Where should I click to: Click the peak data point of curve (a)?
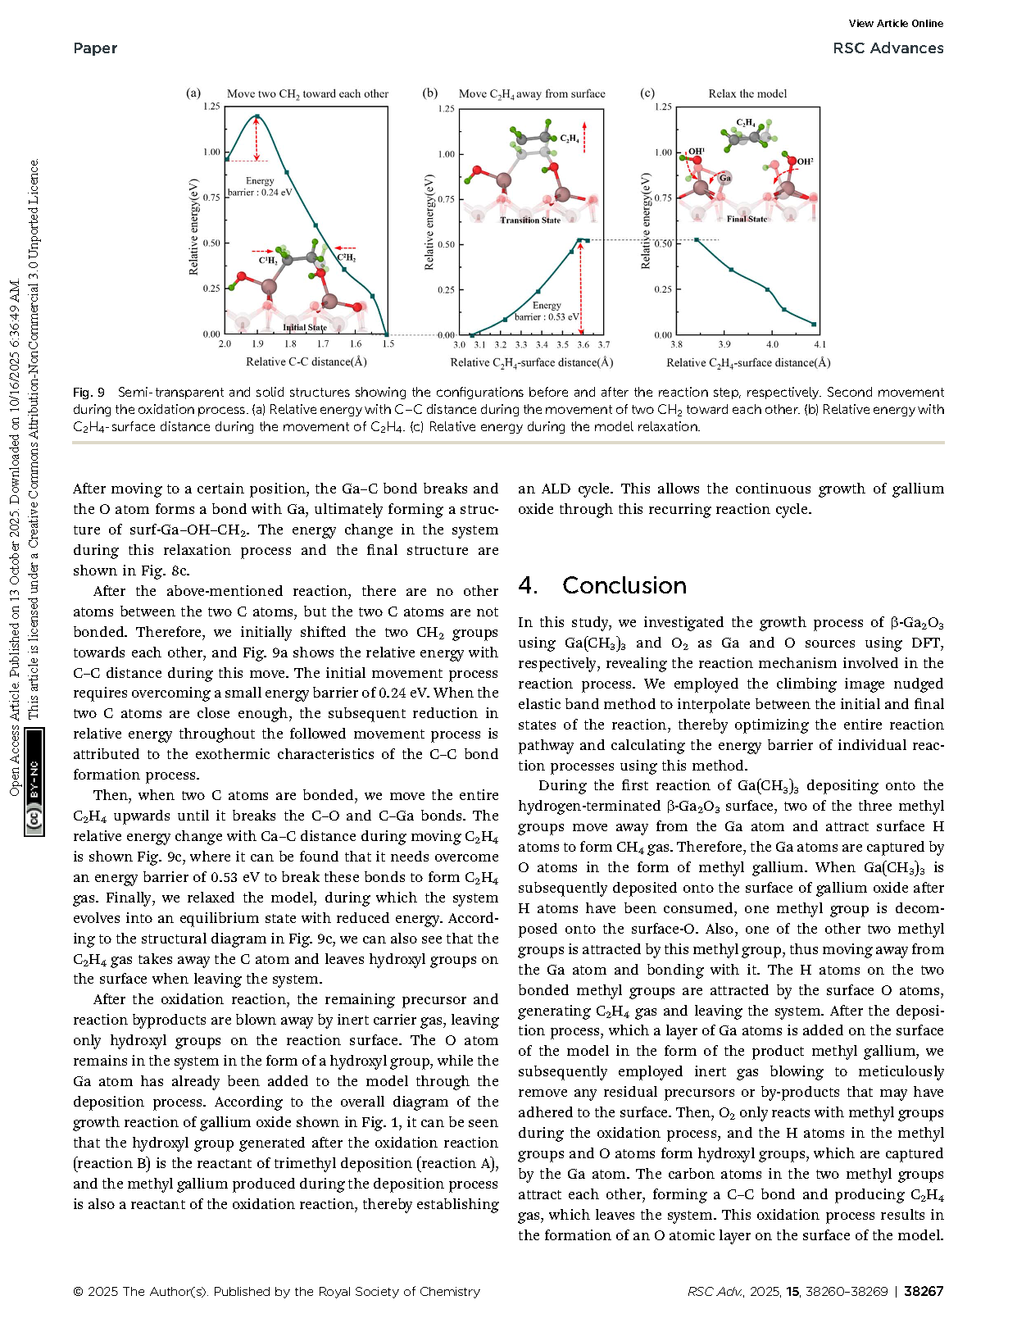click(x=257, y=116)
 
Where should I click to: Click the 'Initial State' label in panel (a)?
click(x=305, y=327)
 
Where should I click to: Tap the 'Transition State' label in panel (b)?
click(x=530, y=220)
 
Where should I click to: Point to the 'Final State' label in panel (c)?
click(x=747, y=219)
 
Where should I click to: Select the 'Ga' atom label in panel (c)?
click(x=725, y=178)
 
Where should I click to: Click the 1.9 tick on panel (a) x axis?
click(x=257, y=344)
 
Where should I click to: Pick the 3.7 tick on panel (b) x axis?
click(x=604, y=345)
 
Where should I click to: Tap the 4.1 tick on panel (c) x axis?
click(x=820, y=345)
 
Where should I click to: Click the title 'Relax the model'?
click(x=747, y=93)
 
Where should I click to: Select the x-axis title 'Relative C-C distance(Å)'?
click(x=306, y=361)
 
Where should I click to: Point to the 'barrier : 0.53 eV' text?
click(x=547, y=316)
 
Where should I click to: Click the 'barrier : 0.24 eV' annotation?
click(x=260, y=193)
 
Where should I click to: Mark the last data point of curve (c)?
click(x=814, y=325)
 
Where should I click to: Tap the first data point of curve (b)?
click(x=473, y=334)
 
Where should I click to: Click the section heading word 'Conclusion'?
click(x=624, y=585)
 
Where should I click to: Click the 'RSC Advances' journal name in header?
click(x=888, y=48)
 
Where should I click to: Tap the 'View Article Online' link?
click(x=896, y=24)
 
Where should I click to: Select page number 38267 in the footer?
click(x=924, y=1291)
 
